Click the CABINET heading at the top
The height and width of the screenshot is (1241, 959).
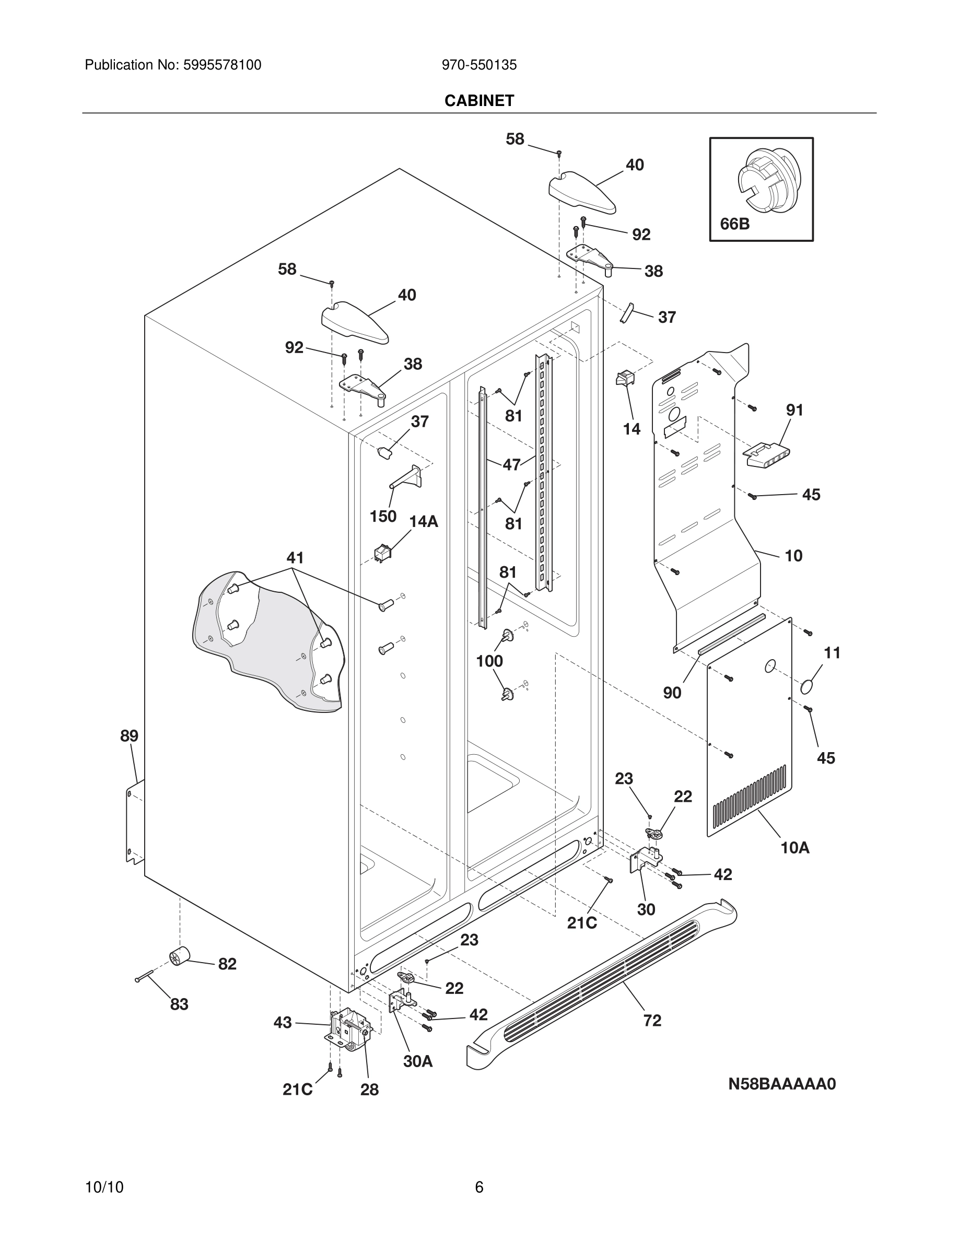tap(479, 101)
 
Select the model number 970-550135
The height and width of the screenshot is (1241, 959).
tap(479, 65)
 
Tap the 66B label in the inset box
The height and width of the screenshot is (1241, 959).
tap(734, 224)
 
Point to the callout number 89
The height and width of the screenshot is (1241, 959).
tap(129, 736)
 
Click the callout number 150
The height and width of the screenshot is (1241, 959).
tap(383, 517)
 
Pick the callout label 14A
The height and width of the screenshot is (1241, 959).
tap(423, 522)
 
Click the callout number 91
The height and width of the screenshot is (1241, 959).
tap(794, 409)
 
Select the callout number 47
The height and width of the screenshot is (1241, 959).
tap(511, 465)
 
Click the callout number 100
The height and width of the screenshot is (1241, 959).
tap(489, 661)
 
